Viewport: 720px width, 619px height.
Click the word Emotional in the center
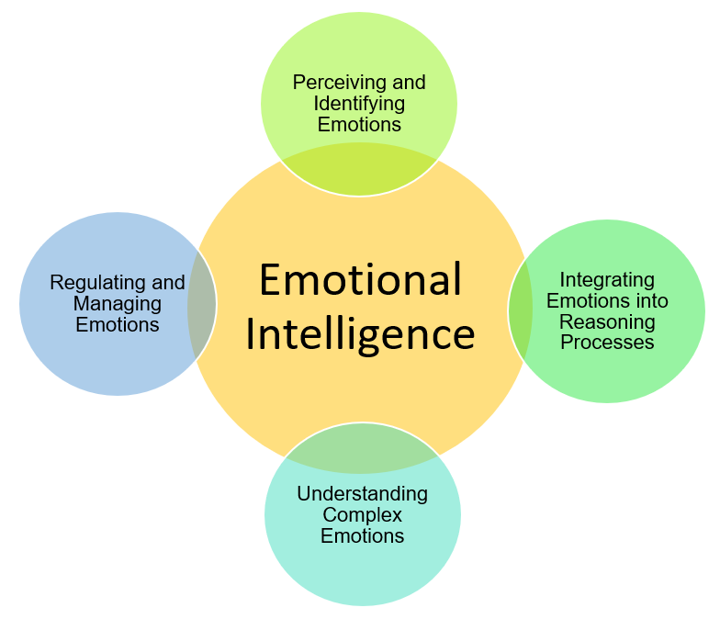tap(360, 279)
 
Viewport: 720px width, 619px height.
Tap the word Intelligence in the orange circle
tap(360, 334)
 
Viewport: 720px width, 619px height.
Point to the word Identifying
tap(359, 103)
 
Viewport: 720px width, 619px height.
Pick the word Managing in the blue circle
tap(118, 304)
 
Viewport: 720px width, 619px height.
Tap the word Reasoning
tap(607, 321)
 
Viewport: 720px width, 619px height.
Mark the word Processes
tap(607, 343)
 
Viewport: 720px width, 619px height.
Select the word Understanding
tap(362, 494)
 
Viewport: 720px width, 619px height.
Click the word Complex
tap(362, 515)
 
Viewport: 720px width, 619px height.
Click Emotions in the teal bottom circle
tap(362, 536)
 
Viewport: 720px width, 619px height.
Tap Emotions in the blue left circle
tap(118, 325)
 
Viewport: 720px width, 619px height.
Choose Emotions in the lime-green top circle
tap(359, 124)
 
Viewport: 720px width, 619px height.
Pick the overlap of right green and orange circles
tap(520, 310)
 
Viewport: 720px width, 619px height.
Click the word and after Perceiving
tap(408, 82)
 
